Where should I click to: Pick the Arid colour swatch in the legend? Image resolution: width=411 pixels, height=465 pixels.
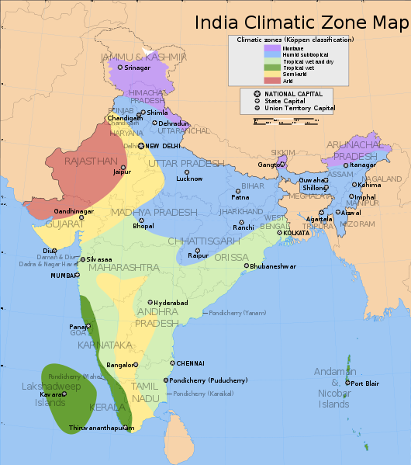(271, 79)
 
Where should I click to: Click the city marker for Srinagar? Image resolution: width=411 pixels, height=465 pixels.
(120, 68)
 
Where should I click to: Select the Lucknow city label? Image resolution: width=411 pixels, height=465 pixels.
(190, 179)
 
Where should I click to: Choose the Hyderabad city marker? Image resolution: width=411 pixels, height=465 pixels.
(150, 303)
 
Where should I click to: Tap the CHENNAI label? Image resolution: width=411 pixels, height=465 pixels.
(190, 363)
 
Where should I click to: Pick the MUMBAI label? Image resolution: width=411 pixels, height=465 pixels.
(64, 276)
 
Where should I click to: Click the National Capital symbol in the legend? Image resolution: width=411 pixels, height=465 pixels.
(256, 93)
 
